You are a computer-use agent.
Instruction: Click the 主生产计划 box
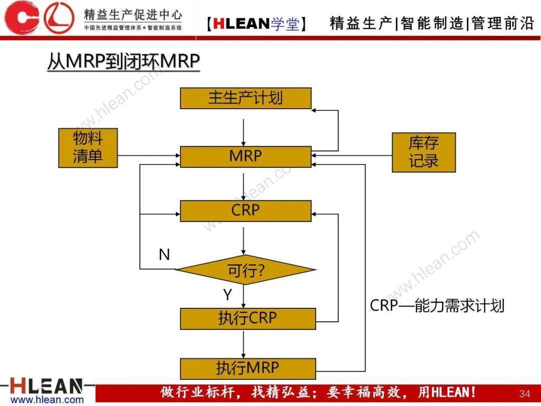[245, 98]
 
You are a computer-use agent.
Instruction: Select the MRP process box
[245, 157]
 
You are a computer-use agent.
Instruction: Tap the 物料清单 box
[88, 148]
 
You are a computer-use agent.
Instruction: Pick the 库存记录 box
[424, 152]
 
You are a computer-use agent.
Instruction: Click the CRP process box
[245, 211]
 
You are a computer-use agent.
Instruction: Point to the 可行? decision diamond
[245, 270]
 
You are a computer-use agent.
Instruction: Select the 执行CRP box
[248, 319]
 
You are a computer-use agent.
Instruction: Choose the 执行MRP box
[248, 369]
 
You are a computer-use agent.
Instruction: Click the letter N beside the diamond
[164, 255]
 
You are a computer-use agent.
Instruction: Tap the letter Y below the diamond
[227, 295]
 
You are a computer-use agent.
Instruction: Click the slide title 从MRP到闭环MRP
[124, 62]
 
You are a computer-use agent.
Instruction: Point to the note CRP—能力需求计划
[437, 306]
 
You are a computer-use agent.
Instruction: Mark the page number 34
[524, 393]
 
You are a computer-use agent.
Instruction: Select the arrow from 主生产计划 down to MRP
[243, 132]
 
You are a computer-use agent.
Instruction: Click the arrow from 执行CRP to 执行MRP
[243, 344]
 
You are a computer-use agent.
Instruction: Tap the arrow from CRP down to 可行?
[243, 241]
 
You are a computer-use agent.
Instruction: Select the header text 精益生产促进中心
[133, 15]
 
